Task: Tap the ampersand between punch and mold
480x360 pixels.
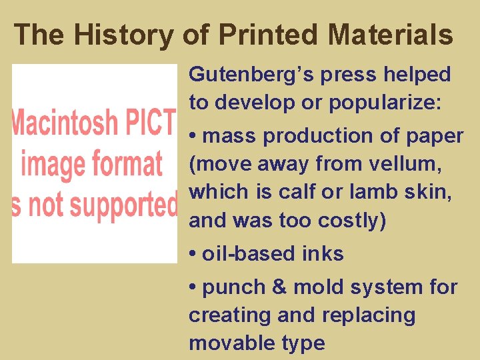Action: [x=279, y=287]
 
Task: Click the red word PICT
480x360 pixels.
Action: [x=152, y=124]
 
